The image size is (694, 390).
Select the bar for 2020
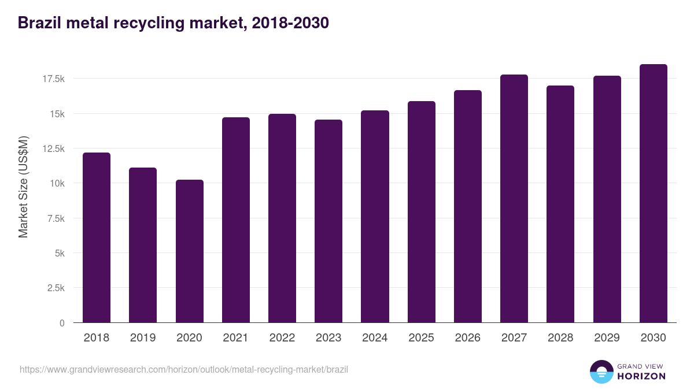click(190, 251)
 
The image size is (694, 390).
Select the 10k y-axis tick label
click(57, 183)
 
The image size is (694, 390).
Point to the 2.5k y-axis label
click(56, 288)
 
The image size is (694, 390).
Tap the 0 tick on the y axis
click(62, 323)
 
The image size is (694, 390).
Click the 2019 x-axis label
click(143, 338)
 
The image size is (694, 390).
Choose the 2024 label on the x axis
click(375, 338)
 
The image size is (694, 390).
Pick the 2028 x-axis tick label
click(560, 338)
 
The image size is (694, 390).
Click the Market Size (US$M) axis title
click(23, 187)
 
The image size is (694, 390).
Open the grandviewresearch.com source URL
click(184, 369)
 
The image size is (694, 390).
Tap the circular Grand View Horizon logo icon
click(601, 372)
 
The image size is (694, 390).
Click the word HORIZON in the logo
click(641, 376)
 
